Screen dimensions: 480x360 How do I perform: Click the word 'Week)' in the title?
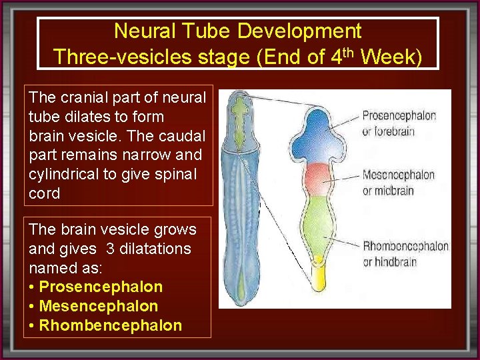[x=391, y=57]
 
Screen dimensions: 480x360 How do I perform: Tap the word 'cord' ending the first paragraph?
[x=45, y=194]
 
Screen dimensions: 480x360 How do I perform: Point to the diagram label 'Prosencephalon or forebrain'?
[x=399, y=123]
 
